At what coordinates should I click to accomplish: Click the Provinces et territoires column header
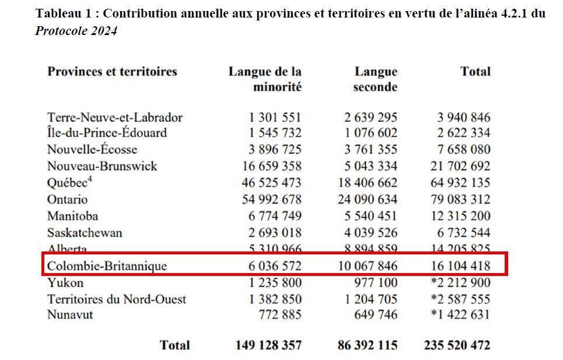(x=112, y=72)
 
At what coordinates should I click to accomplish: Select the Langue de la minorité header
(x=265, y=79)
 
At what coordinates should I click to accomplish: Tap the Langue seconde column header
(x=376, y=79)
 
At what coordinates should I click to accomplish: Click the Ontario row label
(x=68, y=200)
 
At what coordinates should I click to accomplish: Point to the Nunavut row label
(x=70, y=315)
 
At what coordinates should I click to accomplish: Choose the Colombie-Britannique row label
(x=107, y=266)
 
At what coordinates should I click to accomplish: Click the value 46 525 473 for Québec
(x=271, y=183)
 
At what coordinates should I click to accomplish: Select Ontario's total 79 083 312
(x=457, y=200)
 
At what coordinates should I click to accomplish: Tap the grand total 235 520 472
(x=457, y=345)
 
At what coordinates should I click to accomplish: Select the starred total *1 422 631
(x=460, y=315)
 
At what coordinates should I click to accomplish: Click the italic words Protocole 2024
(x=76, y=31)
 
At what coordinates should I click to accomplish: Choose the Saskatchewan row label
(x=85, y=233)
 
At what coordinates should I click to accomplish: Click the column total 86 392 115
(x=367, y=345)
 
